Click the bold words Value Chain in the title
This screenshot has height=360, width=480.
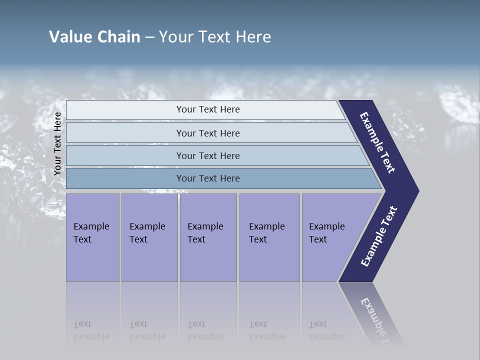coord(94,37)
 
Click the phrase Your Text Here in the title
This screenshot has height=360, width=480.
coord(215,37)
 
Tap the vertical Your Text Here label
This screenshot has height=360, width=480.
coord(57,143)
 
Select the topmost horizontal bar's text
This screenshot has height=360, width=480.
coord(208,109)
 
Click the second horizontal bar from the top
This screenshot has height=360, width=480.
coord(208,133)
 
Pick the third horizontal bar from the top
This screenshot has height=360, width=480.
coord(208,155)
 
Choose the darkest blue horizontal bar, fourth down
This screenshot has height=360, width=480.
coord(208,178)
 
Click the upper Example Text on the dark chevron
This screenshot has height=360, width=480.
coord(377,142)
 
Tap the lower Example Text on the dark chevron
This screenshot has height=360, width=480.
coord(379,236)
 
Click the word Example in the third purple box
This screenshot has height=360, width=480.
coord(205,226)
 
